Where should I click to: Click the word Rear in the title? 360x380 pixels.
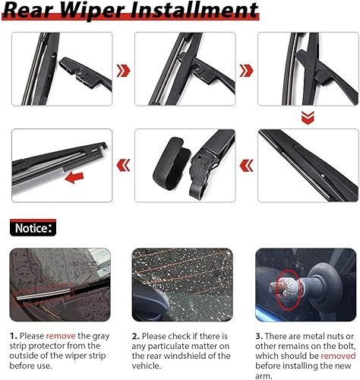tap(36, 11)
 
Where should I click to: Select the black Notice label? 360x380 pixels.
tap(33, 227)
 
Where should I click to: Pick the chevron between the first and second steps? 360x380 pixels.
tap(122, 71)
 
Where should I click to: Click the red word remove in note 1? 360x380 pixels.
tap(59, 335)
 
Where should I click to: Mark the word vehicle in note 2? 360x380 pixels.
tap(148, 365)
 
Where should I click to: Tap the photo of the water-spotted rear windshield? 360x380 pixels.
tap(181, 284)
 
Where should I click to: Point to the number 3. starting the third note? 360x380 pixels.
tap(259, 335)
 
